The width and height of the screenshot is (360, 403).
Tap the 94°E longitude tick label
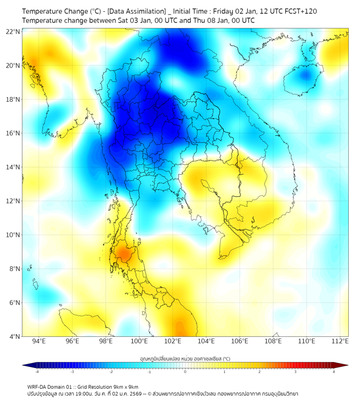pos(39,341)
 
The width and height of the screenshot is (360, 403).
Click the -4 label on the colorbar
pos(37,372)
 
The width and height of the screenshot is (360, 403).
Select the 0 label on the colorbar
pos(185,372)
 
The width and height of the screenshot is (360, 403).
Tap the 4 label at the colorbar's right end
pos(334,372)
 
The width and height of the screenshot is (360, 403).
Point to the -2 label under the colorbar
pos(111,372)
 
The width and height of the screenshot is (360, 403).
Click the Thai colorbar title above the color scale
pos(185,358)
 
